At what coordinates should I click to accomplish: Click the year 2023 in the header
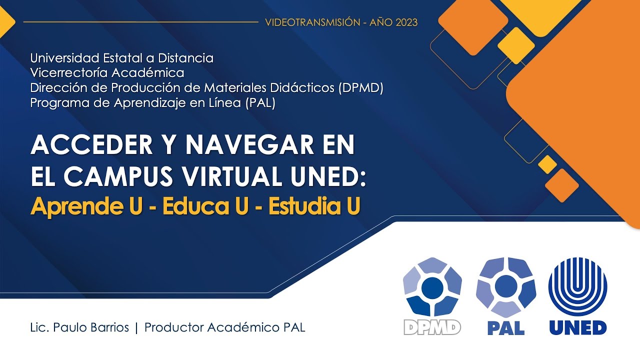pos(405,22)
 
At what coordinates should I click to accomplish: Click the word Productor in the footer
pos(173,328)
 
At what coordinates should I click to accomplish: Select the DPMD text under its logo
pos(432,327)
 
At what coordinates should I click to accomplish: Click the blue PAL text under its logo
pos(505,328)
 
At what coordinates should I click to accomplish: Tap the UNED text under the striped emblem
pos(578,328)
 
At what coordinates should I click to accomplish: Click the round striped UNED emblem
pos(578,286)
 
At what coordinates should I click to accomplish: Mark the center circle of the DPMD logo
pos(432,287)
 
